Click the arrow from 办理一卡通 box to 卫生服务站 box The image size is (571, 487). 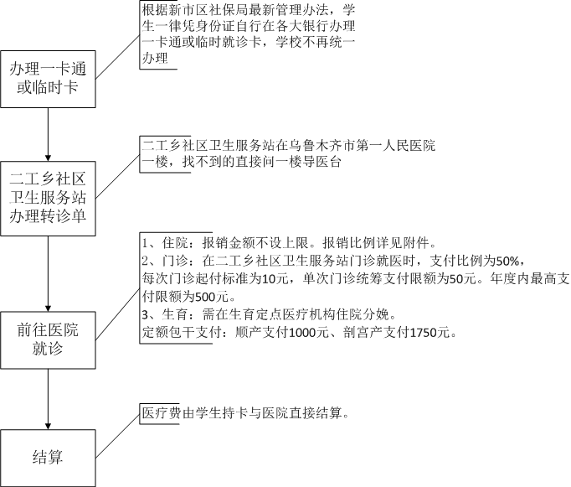(48, 134)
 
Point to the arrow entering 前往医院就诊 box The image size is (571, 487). (48, 274)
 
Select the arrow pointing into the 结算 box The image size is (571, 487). (48, 399)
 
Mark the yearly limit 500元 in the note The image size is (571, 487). (211, 297)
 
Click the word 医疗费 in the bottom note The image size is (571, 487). (162, 413)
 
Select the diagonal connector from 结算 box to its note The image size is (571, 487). (117, 437)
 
